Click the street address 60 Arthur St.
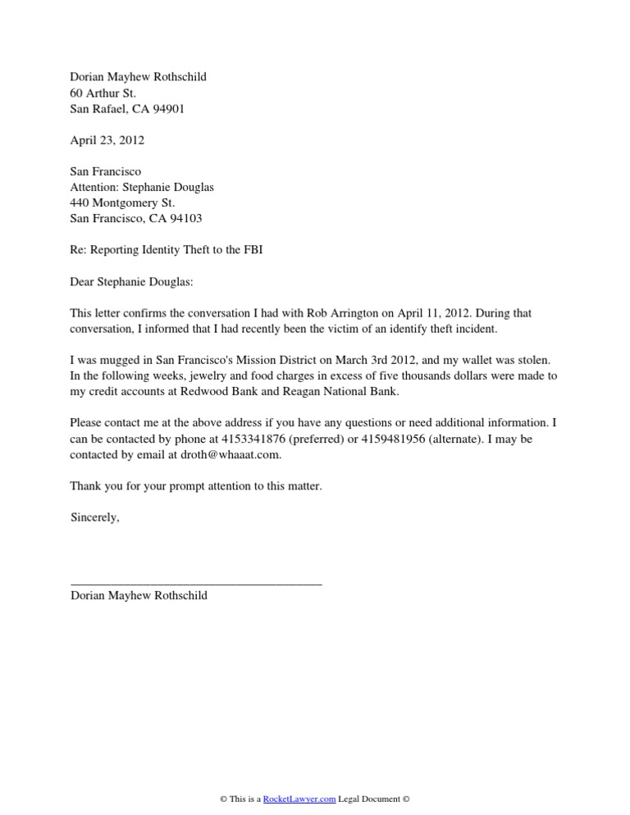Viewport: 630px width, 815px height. (x=103, y=93)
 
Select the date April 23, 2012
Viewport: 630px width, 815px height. (x=107, y=140)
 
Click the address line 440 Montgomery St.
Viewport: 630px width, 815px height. (x=122, y=203)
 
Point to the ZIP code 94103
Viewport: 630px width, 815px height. (x=185, y=218)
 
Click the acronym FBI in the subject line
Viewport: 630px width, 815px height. (x=252, y=249)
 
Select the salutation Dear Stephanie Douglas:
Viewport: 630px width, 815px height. (x=135, y=281)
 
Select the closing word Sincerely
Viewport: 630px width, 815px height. (x=95, y=517)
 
